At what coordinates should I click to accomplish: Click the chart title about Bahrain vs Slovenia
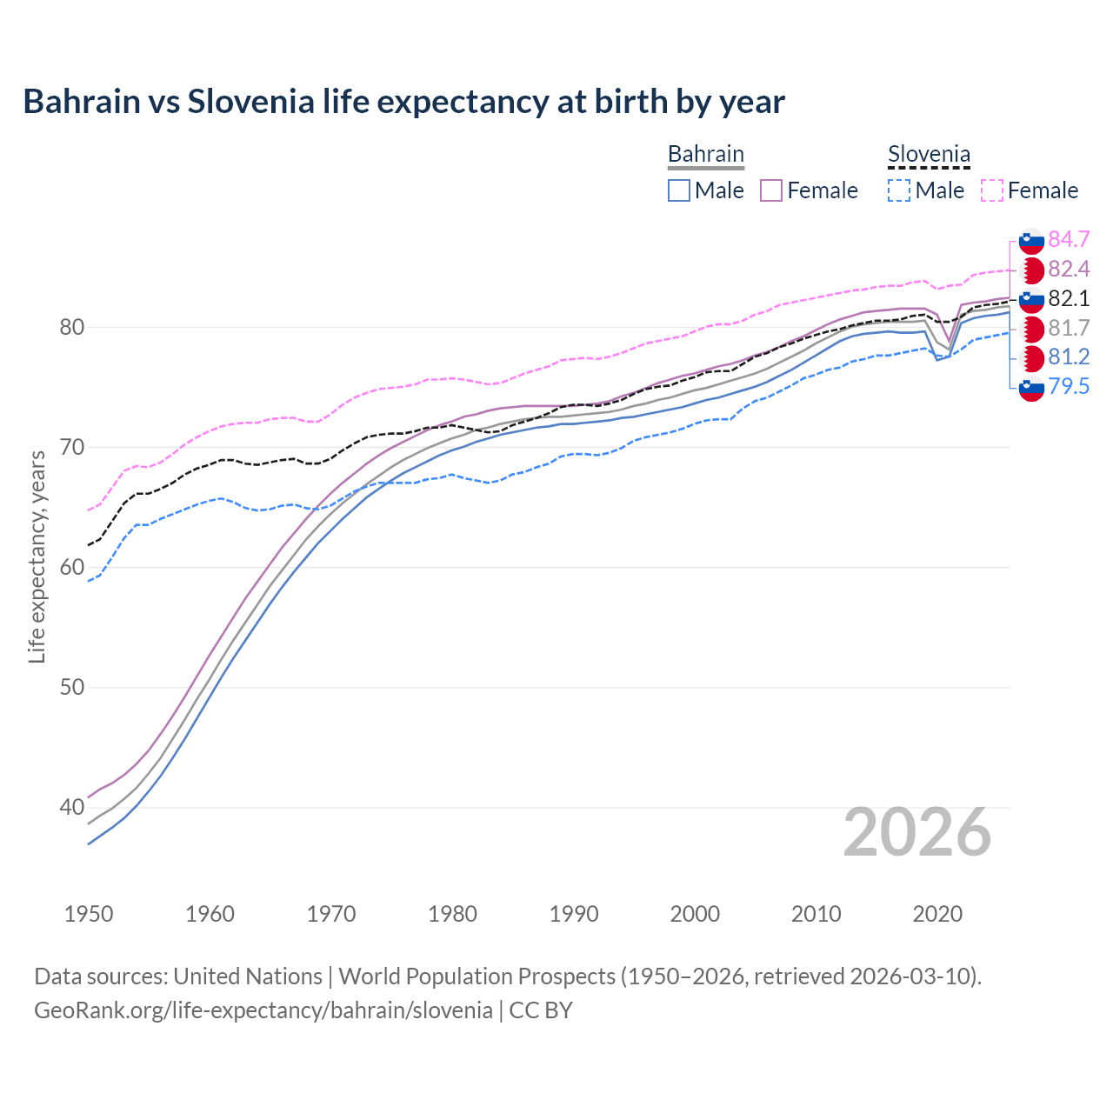(x=403, y=102)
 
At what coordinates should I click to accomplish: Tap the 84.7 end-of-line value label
(x=1069, y=239)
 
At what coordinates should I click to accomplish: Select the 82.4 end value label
(x=1069, y=269)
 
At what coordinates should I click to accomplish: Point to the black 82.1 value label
(x=1069, y=298)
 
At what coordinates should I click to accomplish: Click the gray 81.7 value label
(x=1069, y=328)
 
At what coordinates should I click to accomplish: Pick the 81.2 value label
(x=1069, y=357)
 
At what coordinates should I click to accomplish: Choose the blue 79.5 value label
(x=1069, y=387)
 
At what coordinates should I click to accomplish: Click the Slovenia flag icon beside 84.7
(x=1031, y=241)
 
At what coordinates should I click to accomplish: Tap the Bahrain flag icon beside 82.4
(x=1031, y=270)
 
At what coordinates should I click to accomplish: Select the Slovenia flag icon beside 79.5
(x=1031, y=389)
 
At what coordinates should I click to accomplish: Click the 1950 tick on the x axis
(x=89, y=914)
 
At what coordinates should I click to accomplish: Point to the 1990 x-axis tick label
(x=574, y=914)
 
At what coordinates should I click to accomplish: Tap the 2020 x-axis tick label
(x=937, y=914)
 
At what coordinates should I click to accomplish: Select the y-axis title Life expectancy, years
(x=37, y=556)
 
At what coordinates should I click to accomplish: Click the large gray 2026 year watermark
(x=916, y=832)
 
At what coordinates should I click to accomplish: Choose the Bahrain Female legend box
(x=771, y=190)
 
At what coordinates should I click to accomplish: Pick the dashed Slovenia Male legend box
(x=899, y=190)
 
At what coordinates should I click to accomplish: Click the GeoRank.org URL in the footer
(x=263, y=1010)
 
